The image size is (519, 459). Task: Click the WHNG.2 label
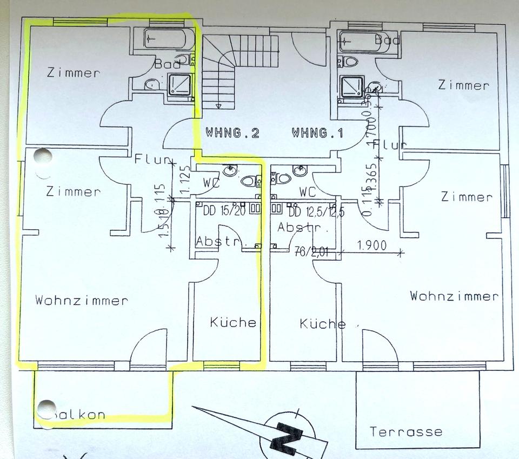click(x=232, y=132)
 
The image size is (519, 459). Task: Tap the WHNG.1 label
click(x=317, y=132)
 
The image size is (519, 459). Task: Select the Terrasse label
click(x=405, y=431)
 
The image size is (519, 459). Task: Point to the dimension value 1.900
click(x=372, y=245)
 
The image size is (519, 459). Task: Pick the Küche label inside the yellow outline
click(x=233, y=322)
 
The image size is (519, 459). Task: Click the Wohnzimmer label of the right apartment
click(x=454, y=296)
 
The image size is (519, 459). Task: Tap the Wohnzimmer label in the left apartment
click(x=82, y=300)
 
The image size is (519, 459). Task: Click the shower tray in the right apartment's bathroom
click(x=350, y=87)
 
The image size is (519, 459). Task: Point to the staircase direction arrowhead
click(x=219, y=105)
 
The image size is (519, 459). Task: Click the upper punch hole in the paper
click(x=41, y=158)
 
